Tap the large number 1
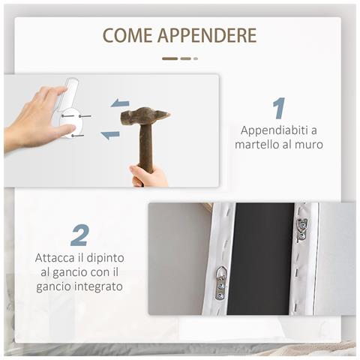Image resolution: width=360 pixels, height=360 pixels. [278, 108]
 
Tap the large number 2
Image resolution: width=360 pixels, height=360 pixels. [79, 235]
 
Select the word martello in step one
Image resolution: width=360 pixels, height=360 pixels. [256, 144]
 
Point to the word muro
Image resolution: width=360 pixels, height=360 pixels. [309, 144]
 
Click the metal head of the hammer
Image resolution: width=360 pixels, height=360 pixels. [145, 116]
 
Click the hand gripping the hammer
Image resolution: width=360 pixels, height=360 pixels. [149, 177]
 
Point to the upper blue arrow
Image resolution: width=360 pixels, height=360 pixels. [120, 103]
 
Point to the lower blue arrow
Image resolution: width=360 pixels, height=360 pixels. [110, 135]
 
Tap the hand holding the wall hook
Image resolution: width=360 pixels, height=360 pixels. [34, 120]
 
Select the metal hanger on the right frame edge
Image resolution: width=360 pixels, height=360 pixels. [301, 229]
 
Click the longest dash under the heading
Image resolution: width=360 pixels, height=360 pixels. [170, 58]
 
